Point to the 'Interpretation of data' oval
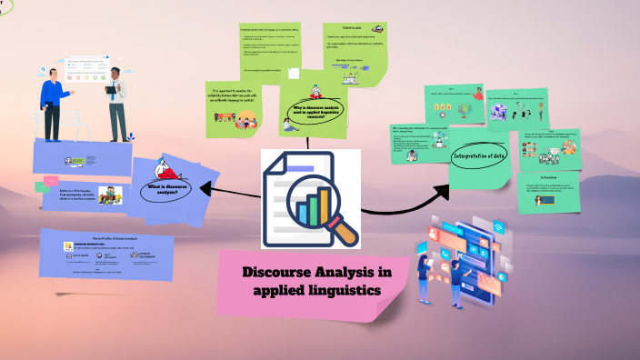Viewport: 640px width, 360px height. [x=479, y=157]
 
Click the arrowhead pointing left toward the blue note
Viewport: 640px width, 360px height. [x=205, y=189]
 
